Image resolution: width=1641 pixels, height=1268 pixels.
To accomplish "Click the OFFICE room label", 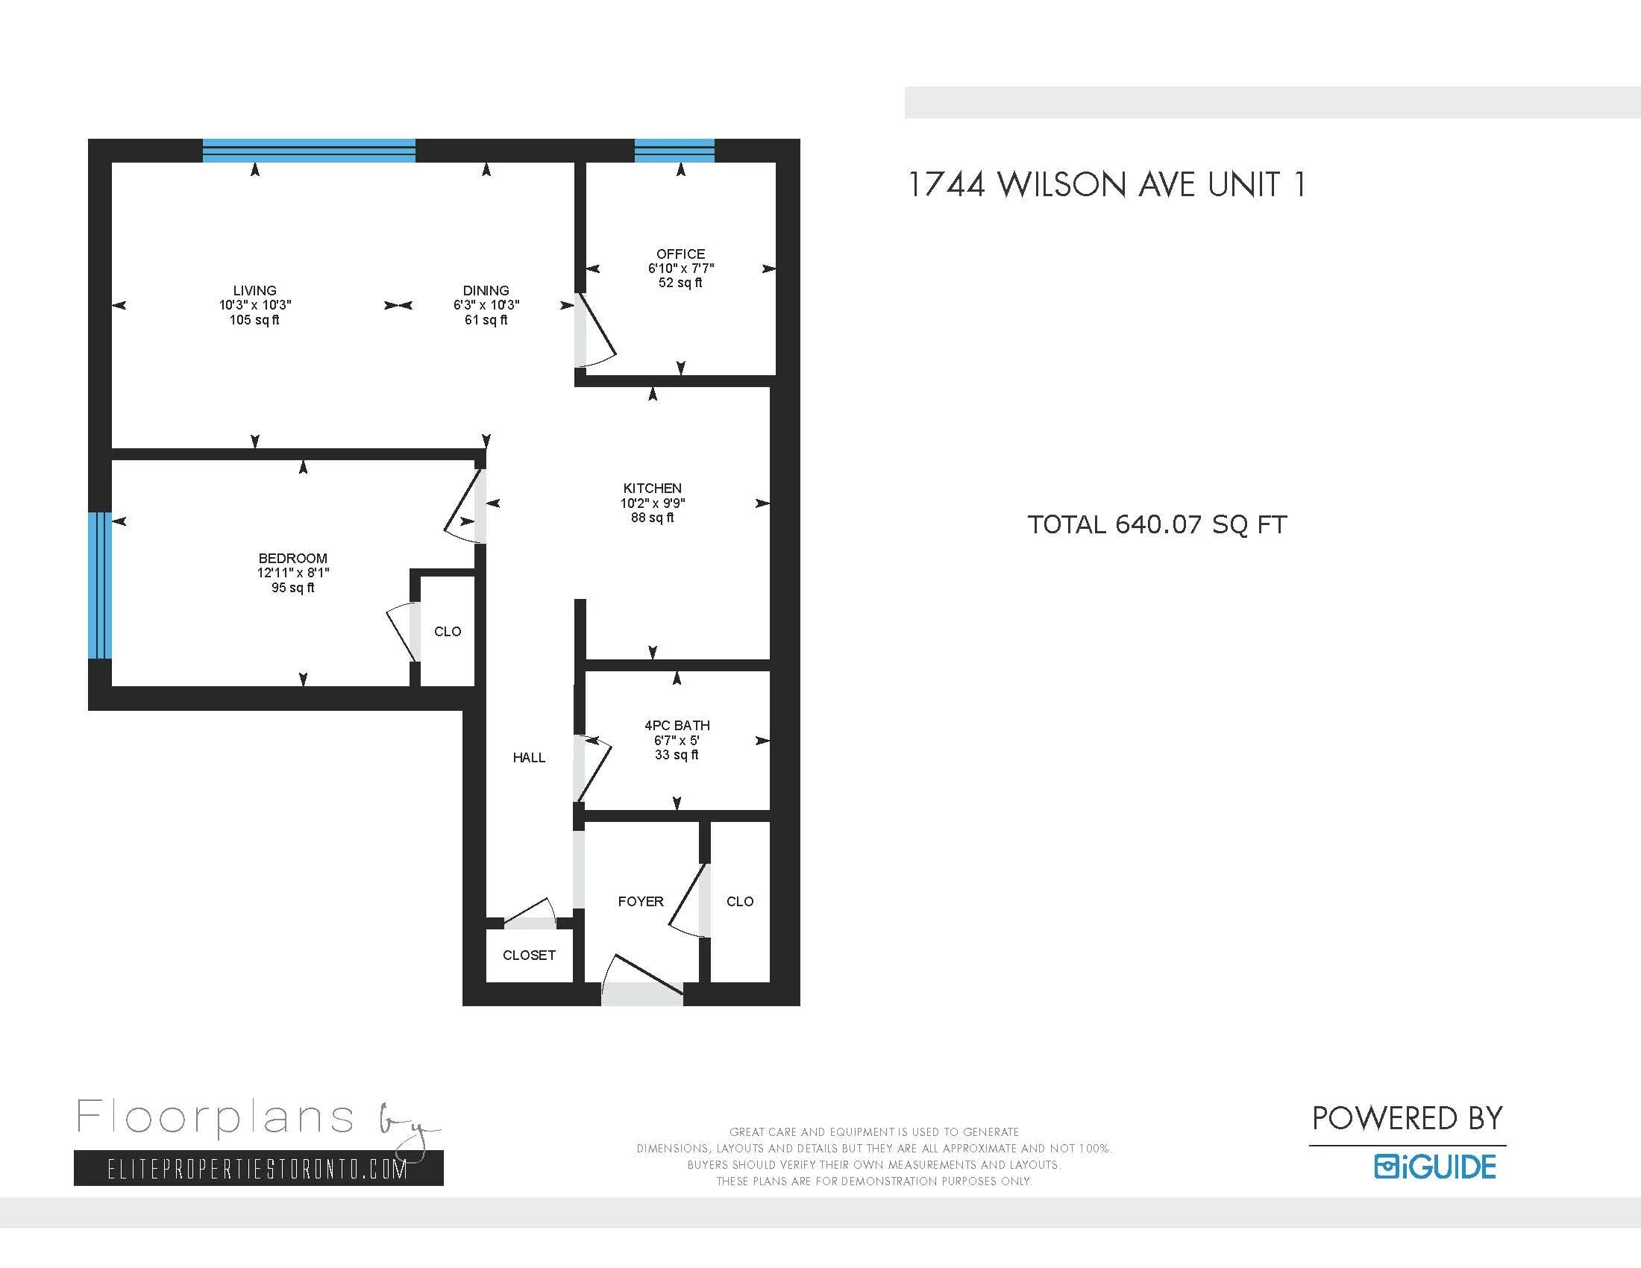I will (x=680, y=254).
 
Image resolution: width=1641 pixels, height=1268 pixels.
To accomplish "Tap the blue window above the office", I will (x=674, y=151).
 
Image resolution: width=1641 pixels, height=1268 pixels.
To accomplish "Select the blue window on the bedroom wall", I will (x=100, y=586).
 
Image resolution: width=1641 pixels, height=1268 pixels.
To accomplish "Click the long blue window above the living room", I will (x=309, y=151).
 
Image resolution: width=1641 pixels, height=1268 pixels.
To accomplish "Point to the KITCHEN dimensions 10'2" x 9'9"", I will (x=652, y=503).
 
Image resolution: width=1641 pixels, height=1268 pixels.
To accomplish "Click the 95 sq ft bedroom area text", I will (x=292, y=588).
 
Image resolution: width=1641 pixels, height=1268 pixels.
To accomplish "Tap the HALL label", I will (x=529, y=757).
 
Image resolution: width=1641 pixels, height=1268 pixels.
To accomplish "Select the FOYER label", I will (x=640, y=902).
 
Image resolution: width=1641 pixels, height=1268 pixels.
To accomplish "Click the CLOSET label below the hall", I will (x=529, y=955).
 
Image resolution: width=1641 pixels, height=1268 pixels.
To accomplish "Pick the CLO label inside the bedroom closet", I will (x=447, y=632).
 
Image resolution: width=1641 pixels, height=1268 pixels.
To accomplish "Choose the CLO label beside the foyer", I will (x=739, y=902).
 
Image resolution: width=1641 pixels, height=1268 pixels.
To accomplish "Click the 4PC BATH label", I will (x=677, y=726).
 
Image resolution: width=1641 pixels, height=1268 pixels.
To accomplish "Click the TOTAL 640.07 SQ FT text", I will (x=1156, y=524).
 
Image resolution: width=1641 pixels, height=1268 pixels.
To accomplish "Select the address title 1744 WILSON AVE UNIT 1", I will (x=1106, y=185).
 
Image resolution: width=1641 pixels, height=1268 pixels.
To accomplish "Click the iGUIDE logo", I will (x=1435, y=1167).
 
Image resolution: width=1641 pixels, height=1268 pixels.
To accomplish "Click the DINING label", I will (x=486, y=290).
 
